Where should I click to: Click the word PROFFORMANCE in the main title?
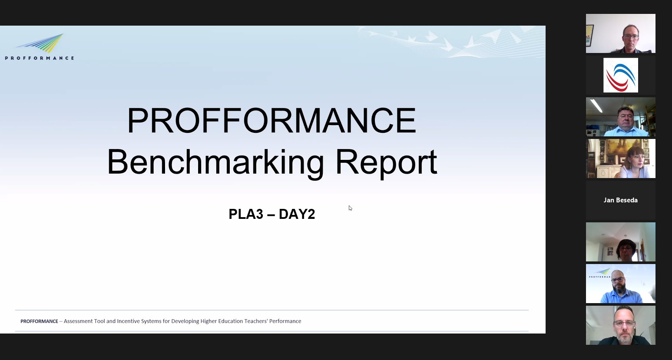(271, 120)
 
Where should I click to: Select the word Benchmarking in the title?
(215, 162)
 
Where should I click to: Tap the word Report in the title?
(386, 162)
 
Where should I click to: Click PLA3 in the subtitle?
(246, 214)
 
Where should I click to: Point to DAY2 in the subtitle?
(297, 214)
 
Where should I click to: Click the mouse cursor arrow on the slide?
(350, 208)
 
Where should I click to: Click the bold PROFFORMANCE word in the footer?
(39, 321)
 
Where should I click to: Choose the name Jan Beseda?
(620, 200)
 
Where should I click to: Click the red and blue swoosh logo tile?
(621, 75)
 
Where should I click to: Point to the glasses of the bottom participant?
(624, 324)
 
